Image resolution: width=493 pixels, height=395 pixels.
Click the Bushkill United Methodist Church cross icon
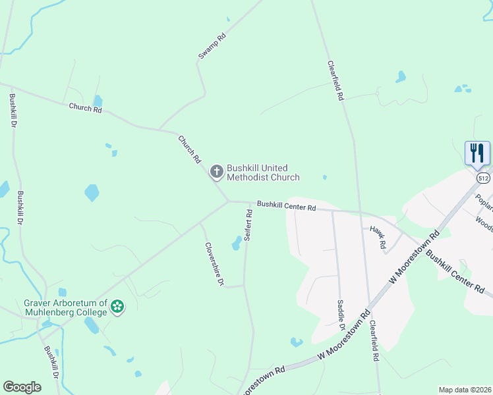[x=216, y=172]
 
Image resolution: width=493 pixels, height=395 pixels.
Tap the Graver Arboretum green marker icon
[x=117, y=307]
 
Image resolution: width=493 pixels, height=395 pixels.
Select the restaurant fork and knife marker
[x=477, y=153]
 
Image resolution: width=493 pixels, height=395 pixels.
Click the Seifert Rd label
[x=248, y=224]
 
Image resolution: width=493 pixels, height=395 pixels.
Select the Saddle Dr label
[x=341, y=314]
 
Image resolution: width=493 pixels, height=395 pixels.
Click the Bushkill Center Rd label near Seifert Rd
[x=287, y=205]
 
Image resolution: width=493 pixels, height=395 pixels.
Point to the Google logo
[x=22, y=387]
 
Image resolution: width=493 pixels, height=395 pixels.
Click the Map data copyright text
[x=464, y=390]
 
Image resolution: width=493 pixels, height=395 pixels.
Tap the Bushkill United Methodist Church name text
[x=263, y=172]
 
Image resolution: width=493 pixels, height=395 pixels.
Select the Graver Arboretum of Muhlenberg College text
[x=65, y=307]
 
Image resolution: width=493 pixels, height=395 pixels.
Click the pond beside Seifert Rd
[x=236, y=244]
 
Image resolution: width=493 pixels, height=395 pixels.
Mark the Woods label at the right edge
[x=484, y=222]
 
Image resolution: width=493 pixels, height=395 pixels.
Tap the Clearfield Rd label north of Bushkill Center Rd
[x=335, y=80]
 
